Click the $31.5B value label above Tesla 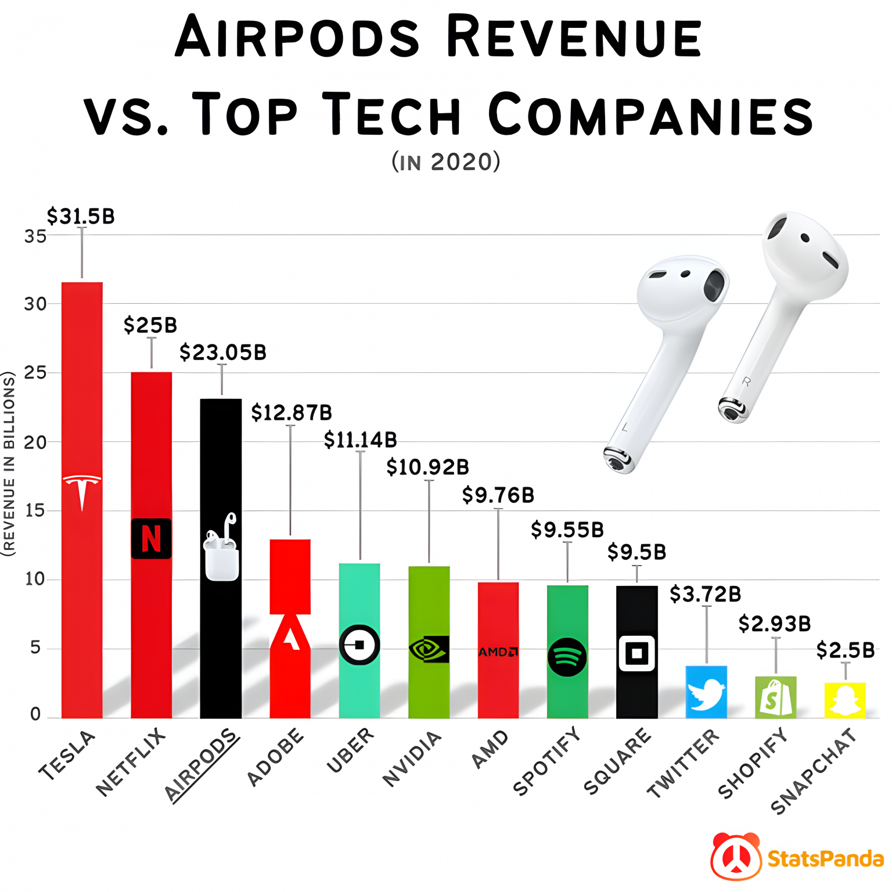coord(81,217)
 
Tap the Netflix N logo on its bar coord(151,538)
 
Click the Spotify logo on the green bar coord(567,657)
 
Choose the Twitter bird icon coord(706,694)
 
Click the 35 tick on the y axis coord(35,236)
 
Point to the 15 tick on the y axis coord(35,510)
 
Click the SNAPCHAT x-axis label coord(813,771)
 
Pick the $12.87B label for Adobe coord(292,413)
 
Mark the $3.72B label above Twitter coord(706,595)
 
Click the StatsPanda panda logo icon coord(736,857)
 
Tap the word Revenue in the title coord(574,38)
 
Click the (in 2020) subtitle coord(446,161)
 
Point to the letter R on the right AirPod coord(746,382)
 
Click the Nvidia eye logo coord(429,649)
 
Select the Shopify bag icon coord(775,698)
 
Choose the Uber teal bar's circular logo coord(359,645)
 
